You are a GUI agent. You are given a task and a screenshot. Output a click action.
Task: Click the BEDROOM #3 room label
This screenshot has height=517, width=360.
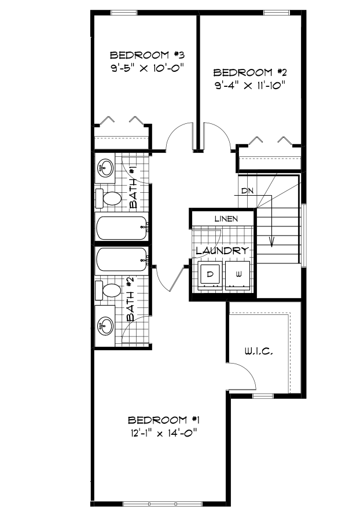[x=147, y=56]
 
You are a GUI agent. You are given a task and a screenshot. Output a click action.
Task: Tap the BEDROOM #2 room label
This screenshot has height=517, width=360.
[x=251, y=73]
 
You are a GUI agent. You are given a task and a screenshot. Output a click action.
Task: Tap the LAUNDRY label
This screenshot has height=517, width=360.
[x=222, y=251]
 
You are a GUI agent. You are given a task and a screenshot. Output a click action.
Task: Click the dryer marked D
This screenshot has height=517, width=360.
[x=210, y=273]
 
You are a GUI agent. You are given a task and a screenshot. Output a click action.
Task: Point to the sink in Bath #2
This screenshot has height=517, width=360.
[x=106, y=326]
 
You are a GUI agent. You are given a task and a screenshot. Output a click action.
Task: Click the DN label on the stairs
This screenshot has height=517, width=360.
[x=248, y=190]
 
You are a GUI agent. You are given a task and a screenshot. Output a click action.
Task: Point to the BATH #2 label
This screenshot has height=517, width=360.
[x=132, y=299]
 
